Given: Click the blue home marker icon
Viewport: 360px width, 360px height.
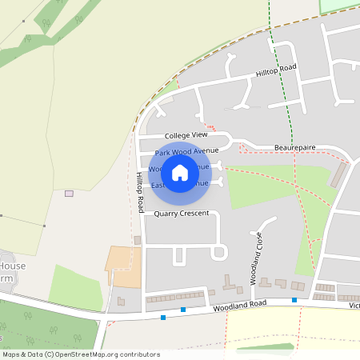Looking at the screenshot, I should tap(180, 172).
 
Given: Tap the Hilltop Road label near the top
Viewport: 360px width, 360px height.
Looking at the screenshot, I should tap(276, 70).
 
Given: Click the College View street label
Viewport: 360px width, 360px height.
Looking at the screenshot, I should tap(186, 136).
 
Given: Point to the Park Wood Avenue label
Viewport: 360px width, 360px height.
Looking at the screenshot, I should tap(186, 151).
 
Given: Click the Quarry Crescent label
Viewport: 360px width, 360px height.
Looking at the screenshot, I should tap(181, 213).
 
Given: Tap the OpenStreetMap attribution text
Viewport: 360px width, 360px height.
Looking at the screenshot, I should tap(80, 354).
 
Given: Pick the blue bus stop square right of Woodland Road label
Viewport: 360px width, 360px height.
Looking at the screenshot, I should tap(294, 300).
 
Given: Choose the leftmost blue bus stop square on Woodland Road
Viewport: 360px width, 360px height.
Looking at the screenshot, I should tap(163, 318).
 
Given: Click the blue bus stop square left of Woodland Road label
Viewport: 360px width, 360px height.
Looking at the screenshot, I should tap(183, 309).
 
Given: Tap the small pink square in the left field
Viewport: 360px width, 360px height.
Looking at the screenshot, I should tap(69, 193).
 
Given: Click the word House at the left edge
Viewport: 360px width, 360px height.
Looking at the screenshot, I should tap(13, 266).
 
